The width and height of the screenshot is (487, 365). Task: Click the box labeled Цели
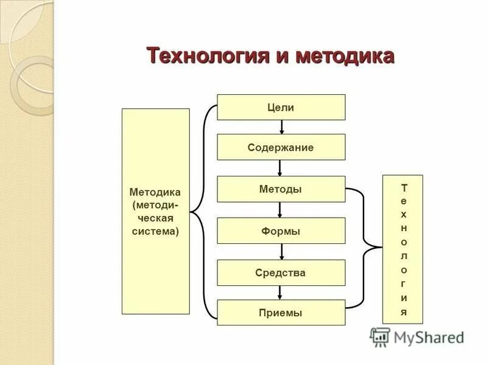click(281, 107)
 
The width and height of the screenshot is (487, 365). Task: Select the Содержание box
click(281, 147)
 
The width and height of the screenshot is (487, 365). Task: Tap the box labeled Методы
click(281, 189)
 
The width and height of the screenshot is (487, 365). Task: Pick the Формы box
click(281, 231)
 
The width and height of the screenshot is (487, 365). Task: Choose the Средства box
click(281, 273)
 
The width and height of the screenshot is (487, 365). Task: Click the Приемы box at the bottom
click(281, 313)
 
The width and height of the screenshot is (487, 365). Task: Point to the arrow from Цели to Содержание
click(281, 127)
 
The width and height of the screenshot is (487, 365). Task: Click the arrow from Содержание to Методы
click(280, 168)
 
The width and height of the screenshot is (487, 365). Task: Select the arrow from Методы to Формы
click(280, 210)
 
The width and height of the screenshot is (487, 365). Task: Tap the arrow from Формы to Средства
click(280, 252)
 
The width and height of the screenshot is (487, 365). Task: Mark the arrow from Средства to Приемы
click(280, 293)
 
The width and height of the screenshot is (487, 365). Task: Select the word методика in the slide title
click(345, 56)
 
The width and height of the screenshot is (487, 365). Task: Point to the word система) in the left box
click(155, 231)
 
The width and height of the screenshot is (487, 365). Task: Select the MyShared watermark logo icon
click(380, 337)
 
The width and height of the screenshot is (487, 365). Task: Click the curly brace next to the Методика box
click(201, 212)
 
